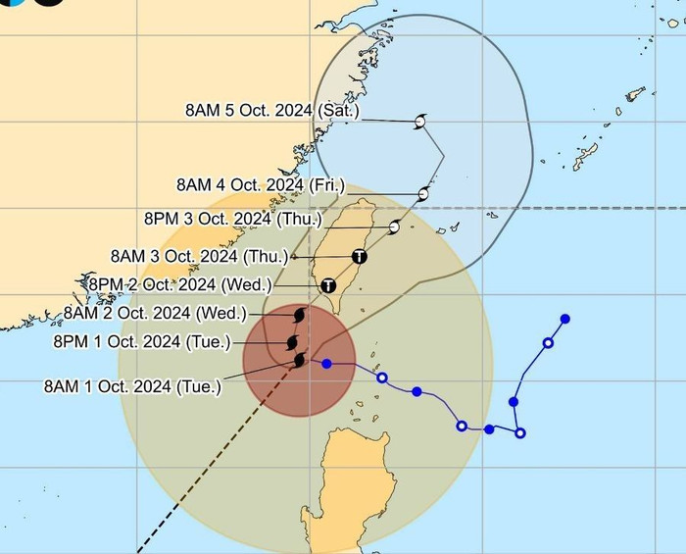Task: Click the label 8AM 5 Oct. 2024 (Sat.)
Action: (x=272, y=111)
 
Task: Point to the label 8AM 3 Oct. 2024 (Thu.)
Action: (x=200, y=256)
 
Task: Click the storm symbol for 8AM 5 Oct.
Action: (x=419, y=122)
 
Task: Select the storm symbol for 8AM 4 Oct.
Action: (x=423, y=194)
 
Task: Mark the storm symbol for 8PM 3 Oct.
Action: (x=394, y=227)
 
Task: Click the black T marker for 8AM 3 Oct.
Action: (x=360, y=257)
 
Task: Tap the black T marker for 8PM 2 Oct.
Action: (x=328, y=285)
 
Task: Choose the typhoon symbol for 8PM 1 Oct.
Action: (x=293, y=341)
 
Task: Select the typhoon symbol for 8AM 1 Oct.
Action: (x=300, y=361)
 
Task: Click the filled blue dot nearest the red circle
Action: (x=326, y=364)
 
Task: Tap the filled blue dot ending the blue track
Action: (x=565, y=319)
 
